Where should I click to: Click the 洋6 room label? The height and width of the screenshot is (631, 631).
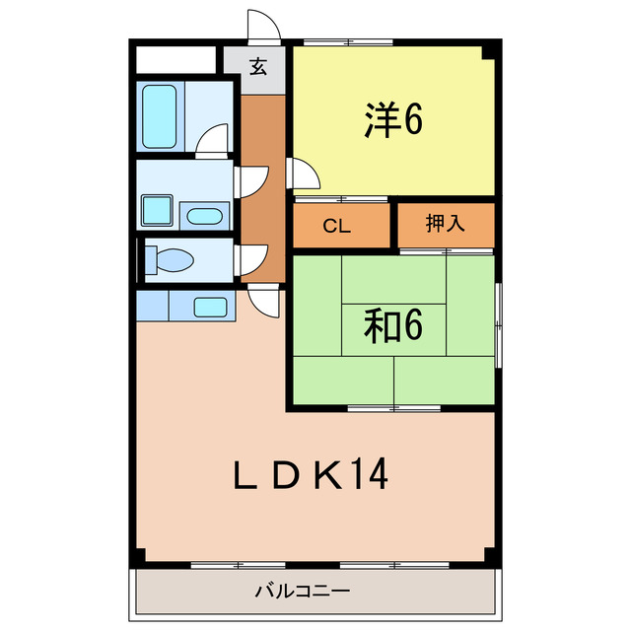point(393,120)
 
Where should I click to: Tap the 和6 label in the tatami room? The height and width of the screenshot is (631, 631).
point(393,324)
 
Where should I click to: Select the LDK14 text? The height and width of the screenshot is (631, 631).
point(310,476)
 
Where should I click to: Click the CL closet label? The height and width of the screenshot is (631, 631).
point(337,226)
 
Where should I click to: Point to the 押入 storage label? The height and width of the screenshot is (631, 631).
point(444,225)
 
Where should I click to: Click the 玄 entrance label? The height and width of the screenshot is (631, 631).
point(257,68)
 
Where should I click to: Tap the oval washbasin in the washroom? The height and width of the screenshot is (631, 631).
point(205,216)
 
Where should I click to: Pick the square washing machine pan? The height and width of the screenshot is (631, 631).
point(156,210)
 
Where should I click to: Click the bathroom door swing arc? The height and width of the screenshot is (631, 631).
point(213,143)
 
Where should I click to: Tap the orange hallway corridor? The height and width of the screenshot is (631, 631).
point(260,177)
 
